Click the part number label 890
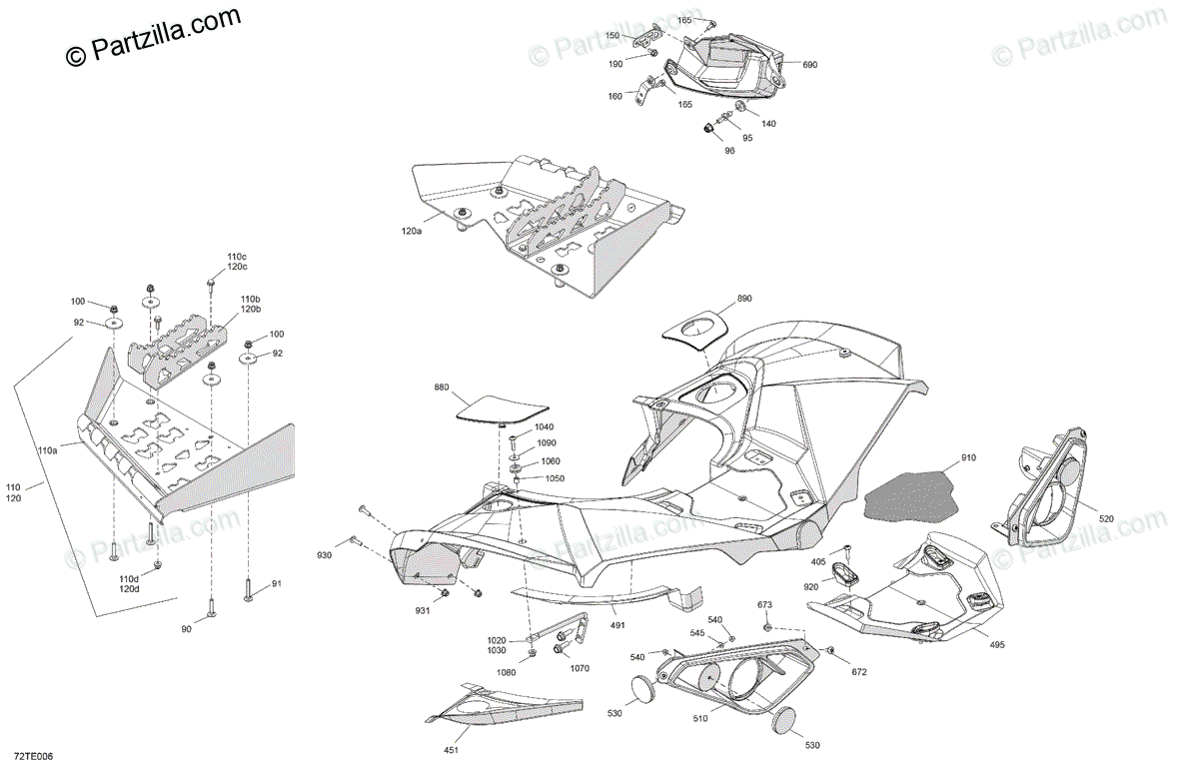coord(744,299)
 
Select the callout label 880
coord(442,387)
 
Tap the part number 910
coord(968,458)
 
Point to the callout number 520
coord(1106,518)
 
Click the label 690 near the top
coord(809,64)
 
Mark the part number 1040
coord(544,426)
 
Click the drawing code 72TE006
coord(33,757)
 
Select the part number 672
coord(860,671)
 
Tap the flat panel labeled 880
coord(503,407)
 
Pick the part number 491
coord(617,625)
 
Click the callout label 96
coord(729,151)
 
